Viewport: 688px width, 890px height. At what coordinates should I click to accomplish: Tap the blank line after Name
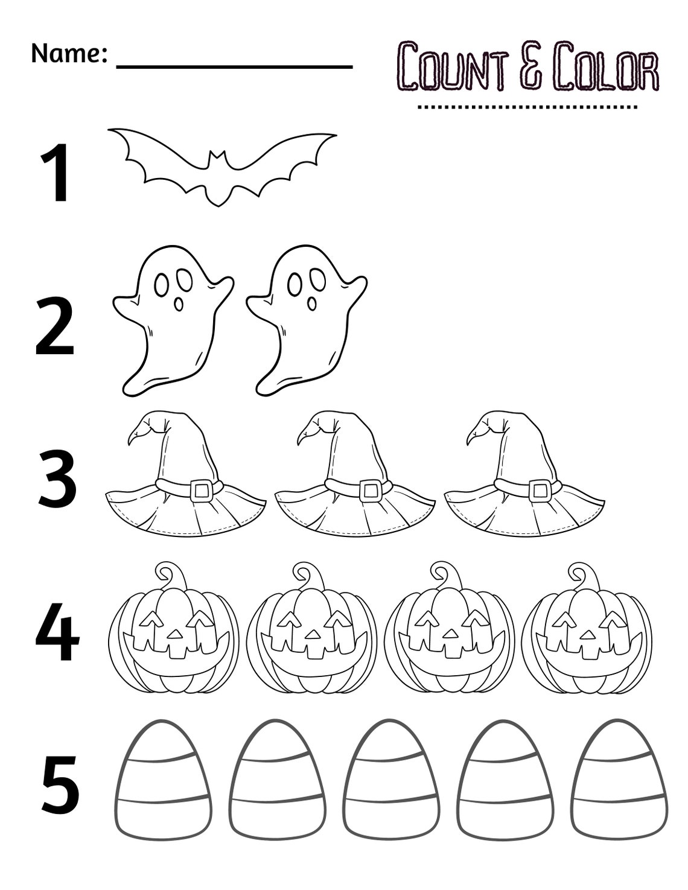tap(234, 65)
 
